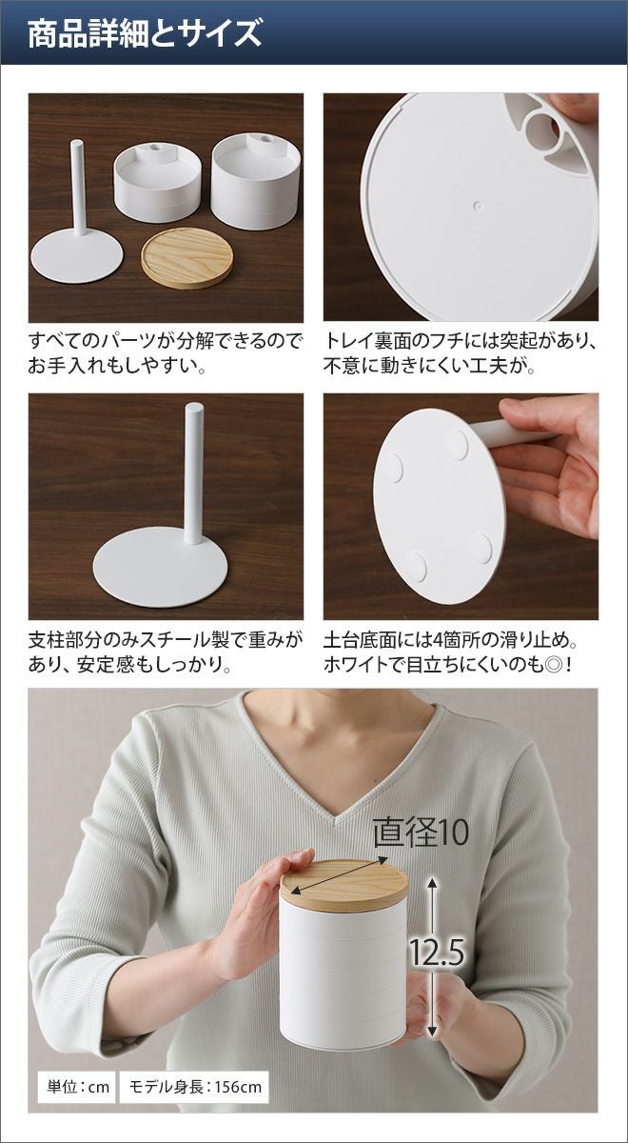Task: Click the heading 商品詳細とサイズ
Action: click(145, 33)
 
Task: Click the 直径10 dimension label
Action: click(421, 832)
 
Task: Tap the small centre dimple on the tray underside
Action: click(478, 206)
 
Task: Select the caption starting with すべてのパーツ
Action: click(165, 352)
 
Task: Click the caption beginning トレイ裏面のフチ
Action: click(460, 352)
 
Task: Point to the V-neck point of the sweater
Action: click(335, 823)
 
